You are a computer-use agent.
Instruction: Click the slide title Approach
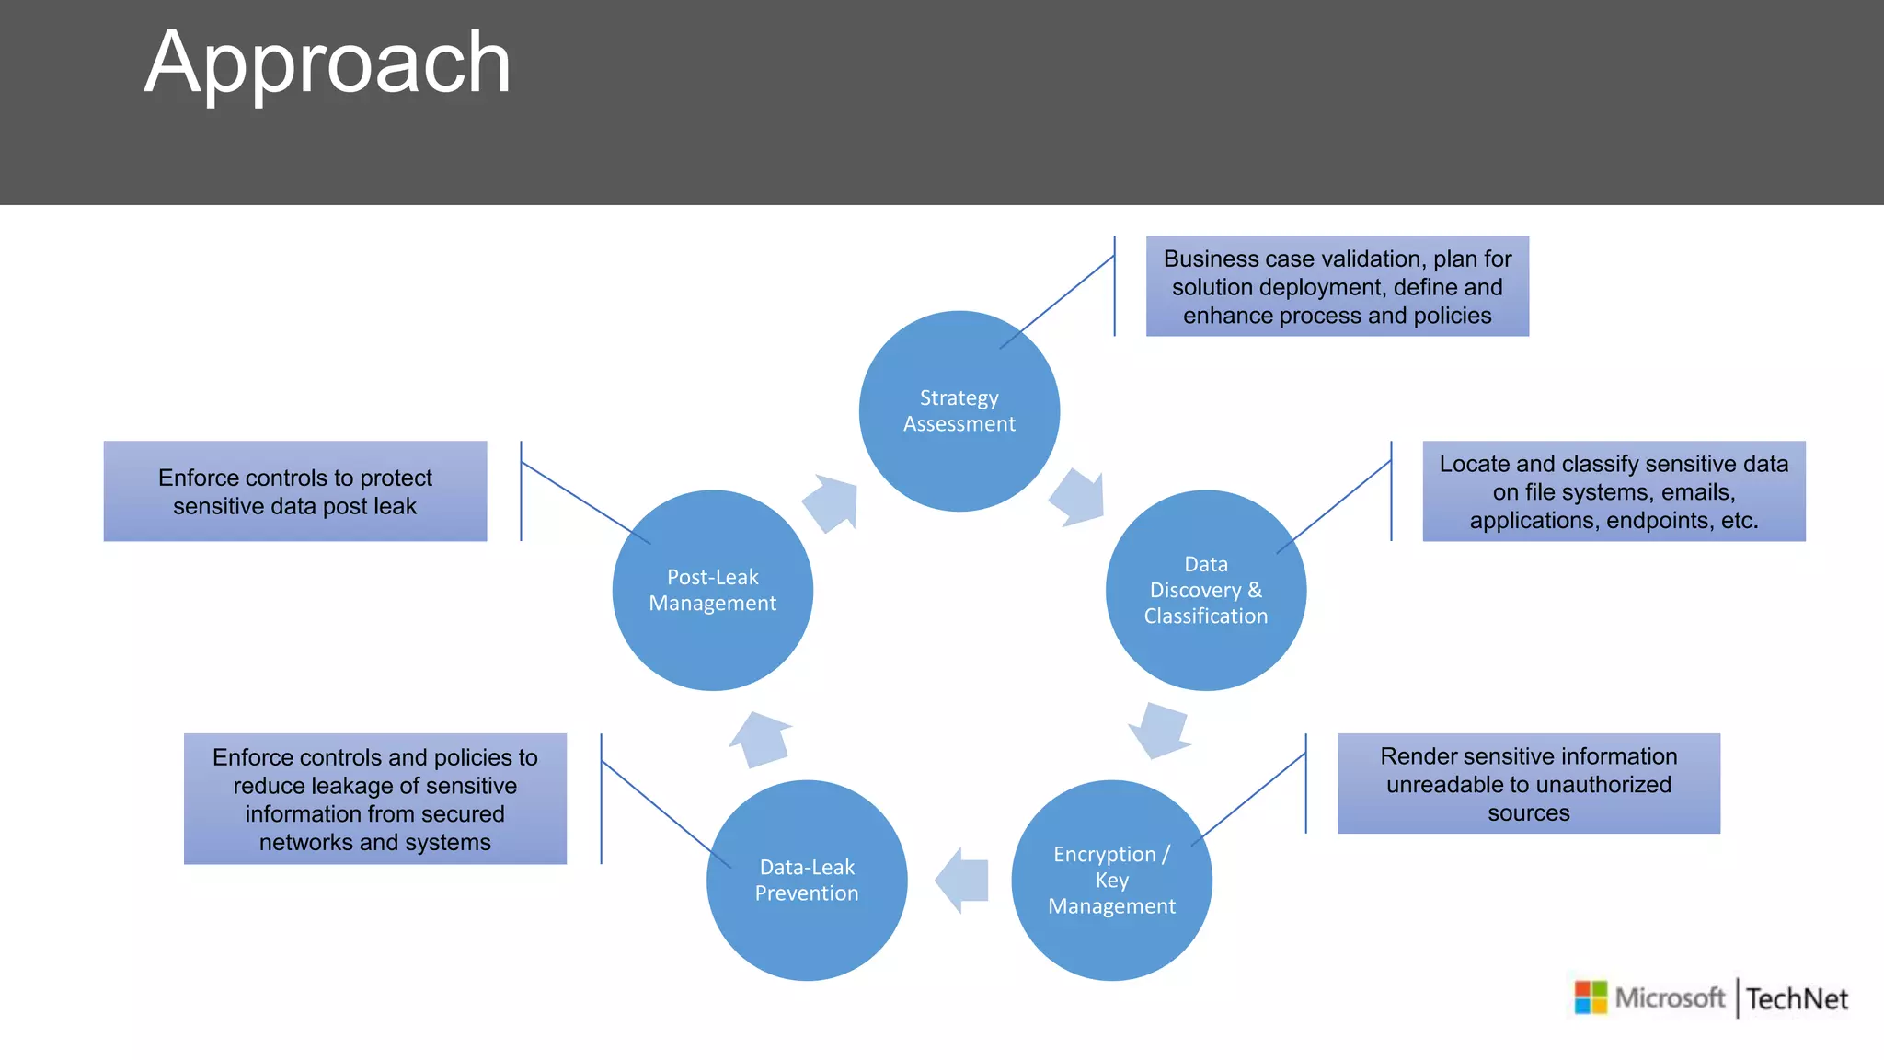[x=327, y=63]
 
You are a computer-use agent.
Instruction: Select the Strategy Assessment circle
[x=959, y=411]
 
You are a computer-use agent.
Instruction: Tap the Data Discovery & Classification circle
[x=1205, y=590]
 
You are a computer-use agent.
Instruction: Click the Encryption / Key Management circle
[x=1111, y=881]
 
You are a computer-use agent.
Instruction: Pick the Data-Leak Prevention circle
[x=807, y=881]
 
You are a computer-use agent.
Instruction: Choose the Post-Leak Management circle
[x=712, y=590]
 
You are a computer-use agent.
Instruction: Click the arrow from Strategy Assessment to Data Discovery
[x=1078, y=497]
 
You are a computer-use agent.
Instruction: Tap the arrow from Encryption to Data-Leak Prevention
[x=961, y=881]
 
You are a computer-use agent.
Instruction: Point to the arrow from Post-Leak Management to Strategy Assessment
[x=832, y=502]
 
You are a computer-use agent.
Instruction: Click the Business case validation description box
[x=1337, y=286]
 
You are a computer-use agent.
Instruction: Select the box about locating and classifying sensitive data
[x=1614, y=491]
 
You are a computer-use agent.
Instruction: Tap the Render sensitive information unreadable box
[x=1528, y=784]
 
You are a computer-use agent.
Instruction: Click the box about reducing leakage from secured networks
[x=374, y=799]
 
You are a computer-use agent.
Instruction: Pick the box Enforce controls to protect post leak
[x=294, y=491]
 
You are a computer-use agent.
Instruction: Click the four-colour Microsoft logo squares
[x=1591, y=997]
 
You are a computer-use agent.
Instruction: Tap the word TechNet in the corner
[x=1797, y=998]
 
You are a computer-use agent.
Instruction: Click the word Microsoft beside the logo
[x=1670, y=997]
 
